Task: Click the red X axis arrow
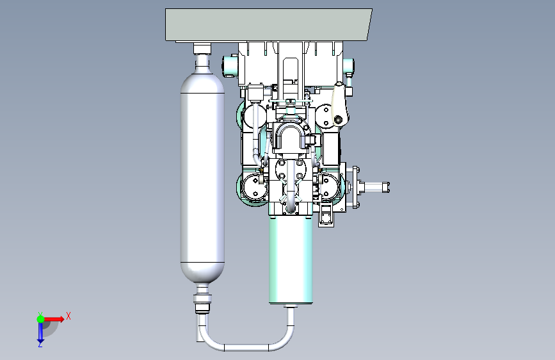[54, 319]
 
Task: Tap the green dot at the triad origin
[41, 319]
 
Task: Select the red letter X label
[68, 316]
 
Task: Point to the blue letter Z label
[40, 344]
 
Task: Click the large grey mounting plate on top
[268, 25]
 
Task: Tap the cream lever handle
[340, 102]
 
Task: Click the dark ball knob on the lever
[339, 120]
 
